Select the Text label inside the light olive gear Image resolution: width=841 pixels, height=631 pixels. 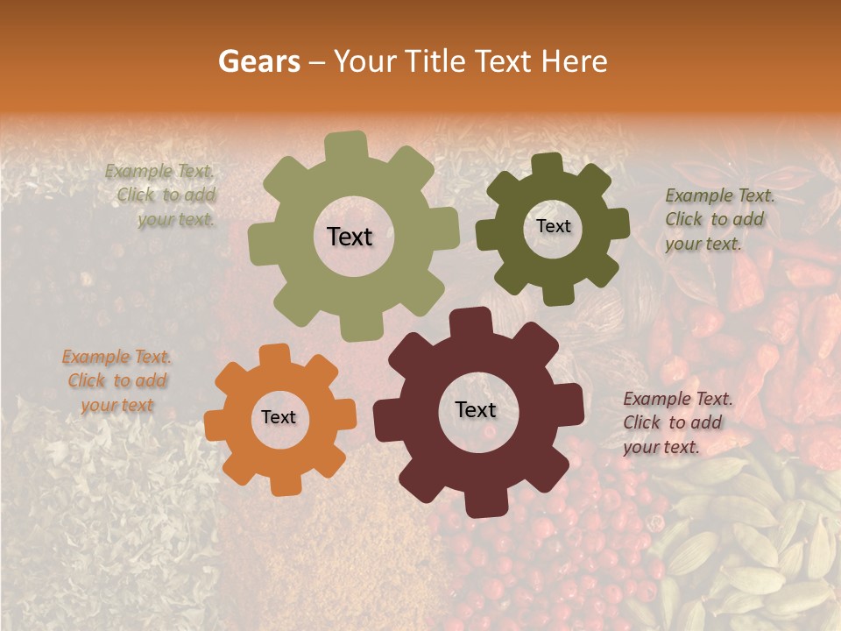point(350,237)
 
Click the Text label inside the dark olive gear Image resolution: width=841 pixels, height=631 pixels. point(553,226)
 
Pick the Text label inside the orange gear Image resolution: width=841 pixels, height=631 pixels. point(279,418)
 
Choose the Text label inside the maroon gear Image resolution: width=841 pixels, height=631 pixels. point(476,410)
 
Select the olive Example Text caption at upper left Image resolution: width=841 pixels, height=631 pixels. point(161,195)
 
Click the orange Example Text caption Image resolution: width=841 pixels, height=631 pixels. point(117,380)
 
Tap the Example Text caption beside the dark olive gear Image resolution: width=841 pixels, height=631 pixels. point(718,219)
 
